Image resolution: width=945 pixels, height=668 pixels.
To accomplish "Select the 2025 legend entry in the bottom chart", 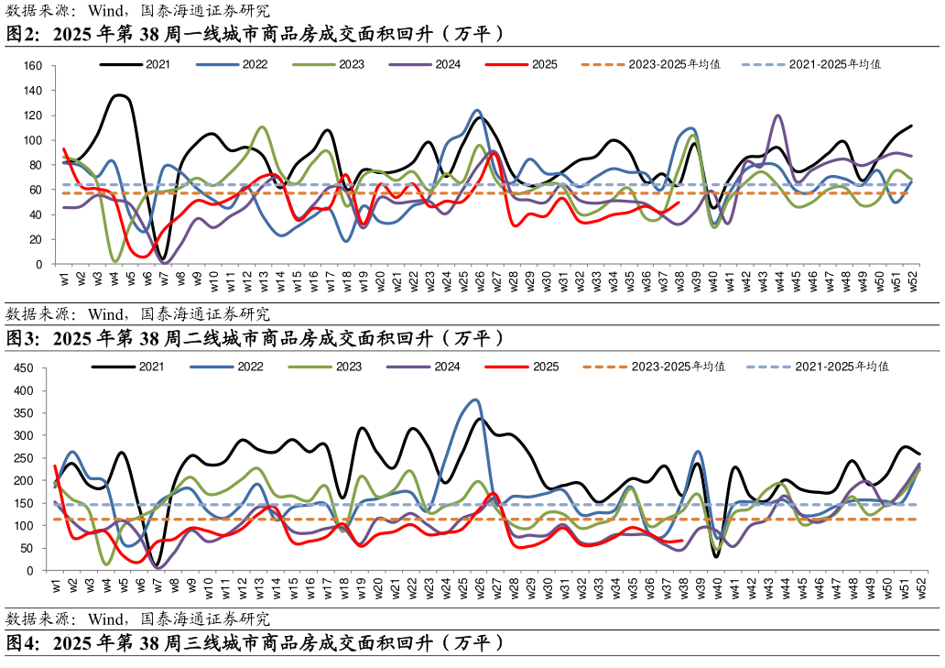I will (x=545, y=367).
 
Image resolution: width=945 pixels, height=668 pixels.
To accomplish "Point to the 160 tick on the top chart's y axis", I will (x=33, y=66).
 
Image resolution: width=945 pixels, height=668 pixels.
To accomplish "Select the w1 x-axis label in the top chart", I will (x=64, y=278).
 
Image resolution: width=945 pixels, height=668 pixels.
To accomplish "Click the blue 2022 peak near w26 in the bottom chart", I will (x=474, y=400).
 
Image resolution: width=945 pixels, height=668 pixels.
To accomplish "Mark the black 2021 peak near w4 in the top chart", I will (x=119, y=95).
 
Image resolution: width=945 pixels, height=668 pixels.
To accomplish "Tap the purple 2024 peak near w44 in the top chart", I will (x=778, y=115).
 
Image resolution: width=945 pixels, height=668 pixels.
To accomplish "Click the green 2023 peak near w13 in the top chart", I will (x=263, y=127).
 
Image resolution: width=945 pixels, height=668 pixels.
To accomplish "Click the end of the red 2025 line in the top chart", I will (x=679, y=203).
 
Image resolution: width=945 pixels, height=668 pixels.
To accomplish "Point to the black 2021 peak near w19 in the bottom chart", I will (x=363, y=428).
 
